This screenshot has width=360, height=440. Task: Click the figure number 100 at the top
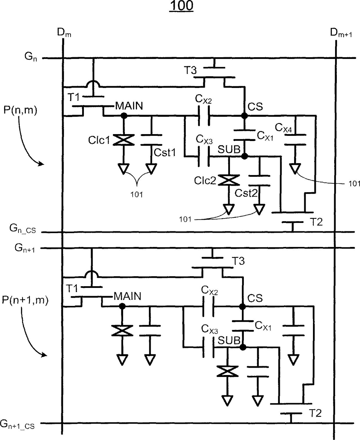(x=181, y=6)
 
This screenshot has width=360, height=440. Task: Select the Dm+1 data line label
(x=341, y=33)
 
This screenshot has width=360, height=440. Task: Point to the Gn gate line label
(x=31, y=57)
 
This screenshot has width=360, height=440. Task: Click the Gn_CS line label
(x=23, y=229)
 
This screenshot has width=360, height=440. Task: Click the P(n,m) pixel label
(x=20, y=110)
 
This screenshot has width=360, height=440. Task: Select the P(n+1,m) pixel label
(x=25, y=300)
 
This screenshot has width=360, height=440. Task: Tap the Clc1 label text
(x=99, y=140)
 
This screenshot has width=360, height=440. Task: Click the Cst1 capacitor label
(x=165, y=152)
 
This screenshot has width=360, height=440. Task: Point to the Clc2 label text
(x=205, y=181)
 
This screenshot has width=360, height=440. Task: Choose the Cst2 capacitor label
(x=246, y=193)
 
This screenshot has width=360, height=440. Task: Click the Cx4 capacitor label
(x=283, y=128)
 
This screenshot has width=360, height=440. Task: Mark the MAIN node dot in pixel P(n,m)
(x=124, y=116)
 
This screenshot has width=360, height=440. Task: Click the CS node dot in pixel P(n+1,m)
(x=242, y=306)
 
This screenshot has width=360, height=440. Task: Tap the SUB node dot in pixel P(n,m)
(x=244, y=156)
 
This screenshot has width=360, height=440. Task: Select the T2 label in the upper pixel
(x=317, y=222)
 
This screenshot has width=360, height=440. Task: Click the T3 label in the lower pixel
(x=238, y=261)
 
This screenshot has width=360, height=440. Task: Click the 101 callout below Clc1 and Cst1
(x=137, y=195)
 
